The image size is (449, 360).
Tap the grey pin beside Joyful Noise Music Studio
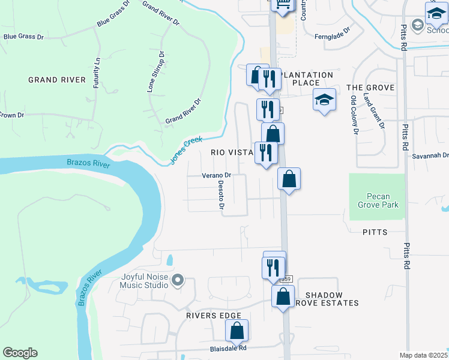pos(178,280)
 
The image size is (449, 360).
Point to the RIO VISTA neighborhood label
pos(232,152)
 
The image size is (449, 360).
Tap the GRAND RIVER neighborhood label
pos(56,80)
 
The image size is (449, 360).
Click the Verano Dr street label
pos(216,176)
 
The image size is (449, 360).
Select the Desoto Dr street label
pos(221,194)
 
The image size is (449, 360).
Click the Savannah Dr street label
pos(430,156)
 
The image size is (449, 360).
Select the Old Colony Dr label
pos(354,114)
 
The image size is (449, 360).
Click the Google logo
pos(20,353)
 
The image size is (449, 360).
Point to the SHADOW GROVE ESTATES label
pos(332,299)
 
